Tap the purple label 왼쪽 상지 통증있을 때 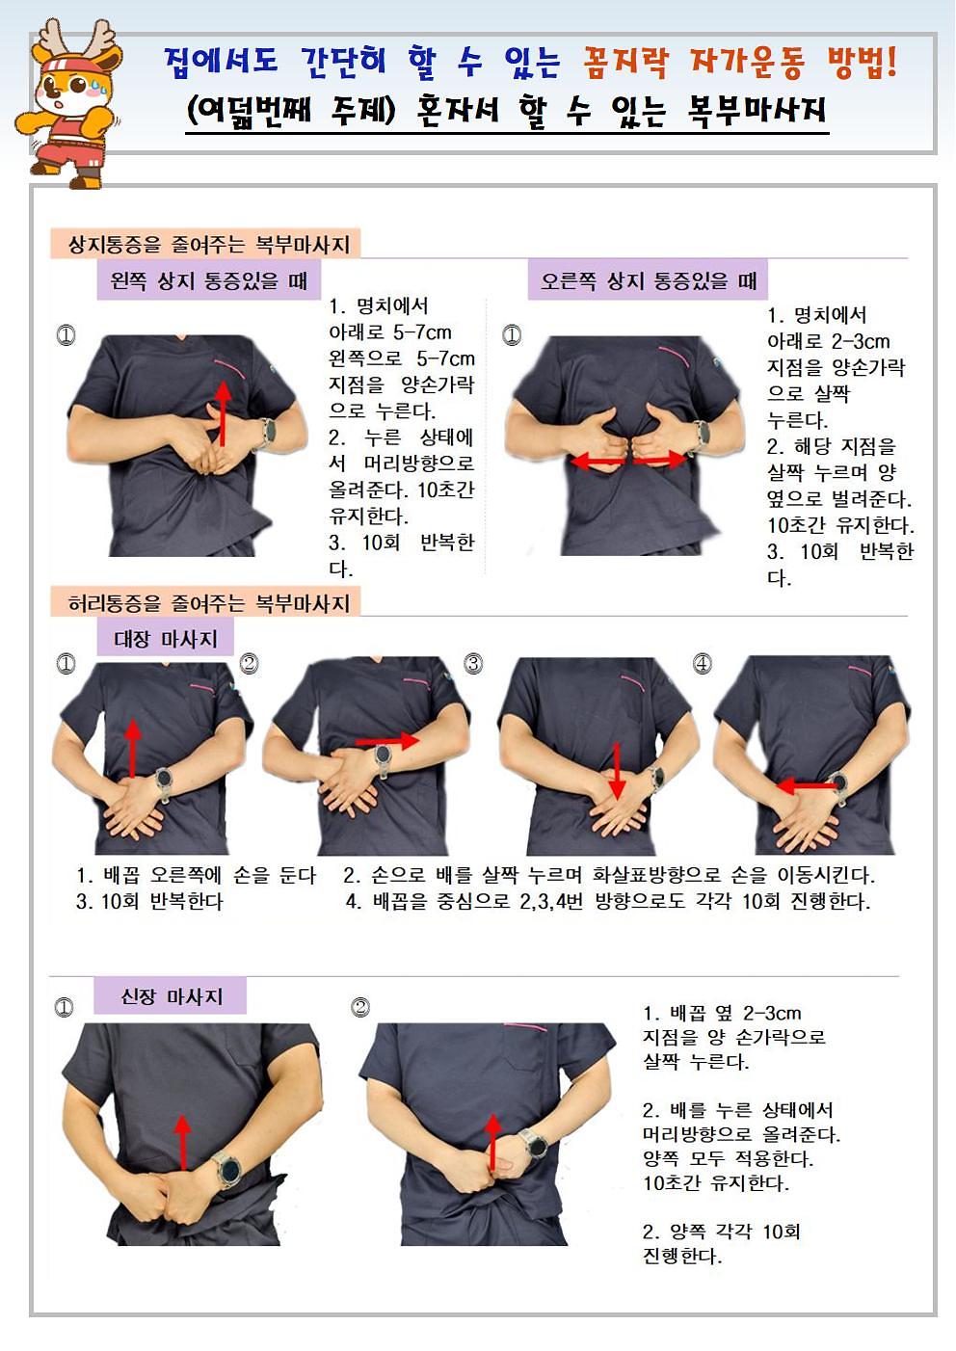[209, 279]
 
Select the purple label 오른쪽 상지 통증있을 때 [648, 279]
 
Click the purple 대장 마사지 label [165, 639]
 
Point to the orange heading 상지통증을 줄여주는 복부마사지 [205, 244]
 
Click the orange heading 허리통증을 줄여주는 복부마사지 [205, 602]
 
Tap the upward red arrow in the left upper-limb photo [224, 413]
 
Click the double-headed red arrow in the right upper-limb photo [629, 462]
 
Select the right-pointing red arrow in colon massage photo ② [386, 741]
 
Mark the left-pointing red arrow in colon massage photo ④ [806, 786]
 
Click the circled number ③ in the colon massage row [473, 663]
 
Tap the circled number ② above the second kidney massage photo [360, 1007]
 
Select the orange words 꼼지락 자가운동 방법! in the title [739, 62]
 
